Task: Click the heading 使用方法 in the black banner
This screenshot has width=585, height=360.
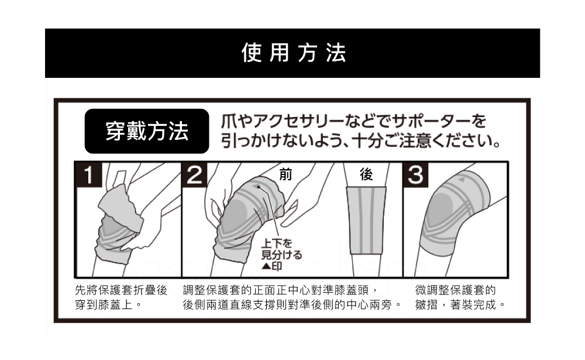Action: click(x=294, y=53)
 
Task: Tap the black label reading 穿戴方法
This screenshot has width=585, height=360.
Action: click(x=147, y=131)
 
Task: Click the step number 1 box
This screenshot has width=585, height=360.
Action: click(x=88, y=174)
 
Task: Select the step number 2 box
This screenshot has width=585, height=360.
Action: click(x=194, y=174)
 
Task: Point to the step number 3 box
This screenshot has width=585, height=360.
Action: click(x=415, y=174)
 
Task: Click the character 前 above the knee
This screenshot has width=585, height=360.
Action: click(x=285, y=174)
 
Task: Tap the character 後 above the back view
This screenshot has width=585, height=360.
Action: click(x=366, y=174)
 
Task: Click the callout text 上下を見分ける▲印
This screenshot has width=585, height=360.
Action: click(x=281, y=255)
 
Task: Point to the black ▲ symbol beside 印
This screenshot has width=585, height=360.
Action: click(x=266, y=266)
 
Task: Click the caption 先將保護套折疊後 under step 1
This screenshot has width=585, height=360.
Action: click(x=121, y=290)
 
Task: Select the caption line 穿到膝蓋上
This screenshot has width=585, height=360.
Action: click(x=109, y=305)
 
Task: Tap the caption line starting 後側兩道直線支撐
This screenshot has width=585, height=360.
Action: click(x=292, y=305)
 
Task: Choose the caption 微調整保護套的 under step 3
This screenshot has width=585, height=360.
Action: click(x=456, y=290)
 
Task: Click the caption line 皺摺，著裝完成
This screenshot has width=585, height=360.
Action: click(x=460, y=305)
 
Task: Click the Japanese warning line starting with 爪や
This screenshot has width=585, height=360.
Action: click(x=354, y=121)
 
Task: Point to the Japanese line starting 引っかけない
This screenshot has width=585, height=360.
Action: click(x=360, y=141)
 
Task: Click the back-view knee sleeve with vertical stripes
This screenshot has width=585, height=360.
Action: click(x=366, y=220)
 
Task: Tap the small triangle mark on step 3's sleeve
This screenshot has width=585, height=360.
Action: click(x=462, y=179)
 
